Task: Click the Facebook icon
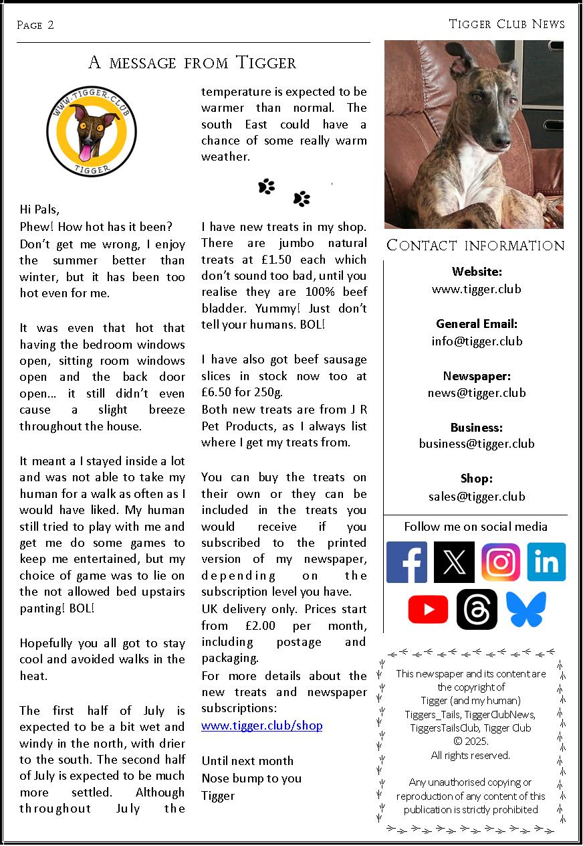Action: point(406,562)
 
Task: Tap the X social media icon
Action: point(454,562)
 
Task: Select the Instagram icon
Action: point(501,562)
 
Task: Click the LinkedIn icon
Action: point(546,562)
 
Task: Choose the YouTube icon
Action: point(428,610)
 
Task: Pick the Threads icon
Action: point(477,610)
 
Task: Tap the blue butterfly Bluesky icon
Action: point(526,610)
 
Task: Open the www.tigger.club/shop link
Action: point(262,726)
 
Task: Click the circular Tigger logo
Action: point(92,132)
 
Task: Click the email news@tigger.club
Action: point(477,393)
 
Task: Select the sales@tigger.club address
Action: point(477,497)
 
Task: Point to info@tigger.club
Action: point(477,341)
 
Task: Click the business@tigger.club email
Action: point(477,444)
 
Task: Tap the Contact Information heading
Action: point(475,246)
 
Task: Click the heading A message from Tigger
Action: point(193,64)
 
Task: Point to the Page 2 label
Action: point(35,25)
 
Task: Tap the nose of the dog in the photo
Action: point(501,141)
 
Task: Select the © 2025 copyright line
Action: point(471,742)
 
